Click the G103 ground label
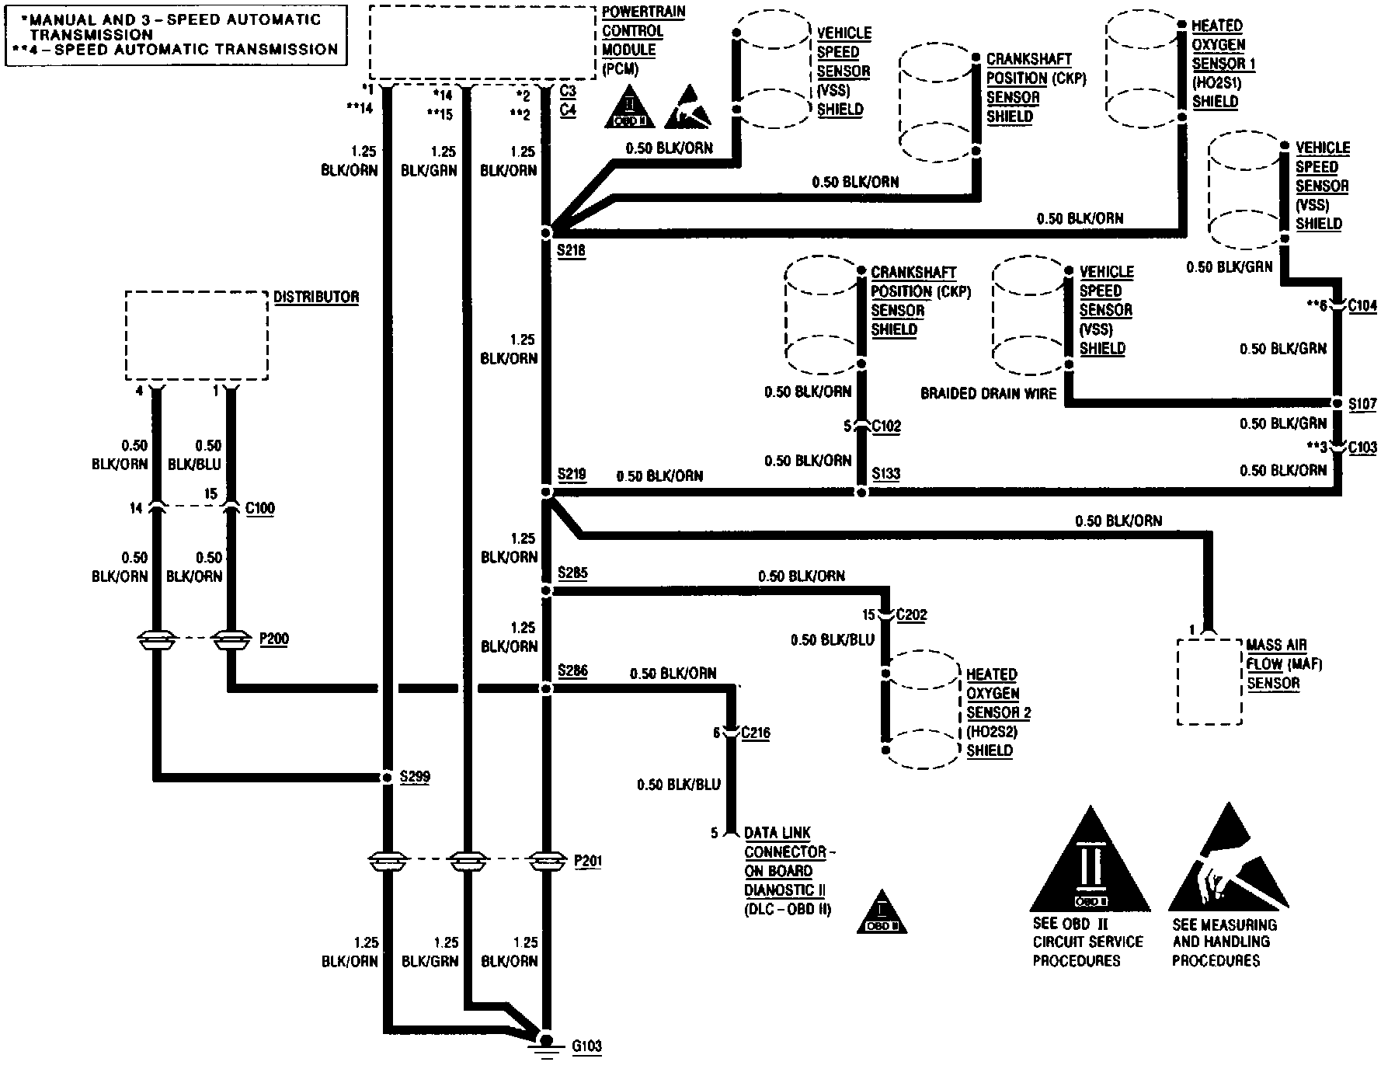[x=586, y=1046]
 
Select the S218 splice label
[x=571, y=250]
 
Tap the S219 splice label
[x=571, y=474]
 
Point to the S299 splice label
[x=414, y=776]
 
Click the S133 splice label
[x=885, y=473]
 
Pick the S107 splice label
[x=1362, y=404]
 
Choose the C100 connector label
[x=259, y=508]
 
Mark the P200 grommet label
[x=273, y=639]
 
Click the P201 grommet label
[x=587, y=861]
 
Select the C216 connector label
[x=755, y=733]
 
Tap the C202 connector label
[x=911, y=615]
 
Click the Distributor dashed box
[x=197, y=336]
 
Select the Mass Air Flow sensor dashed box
[x=1209, y=682]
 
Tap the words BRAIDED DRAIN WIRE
[x=988, y=393]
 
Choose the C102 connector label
[x=886, y=426]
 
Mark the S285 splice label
[x=572, y=573]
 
